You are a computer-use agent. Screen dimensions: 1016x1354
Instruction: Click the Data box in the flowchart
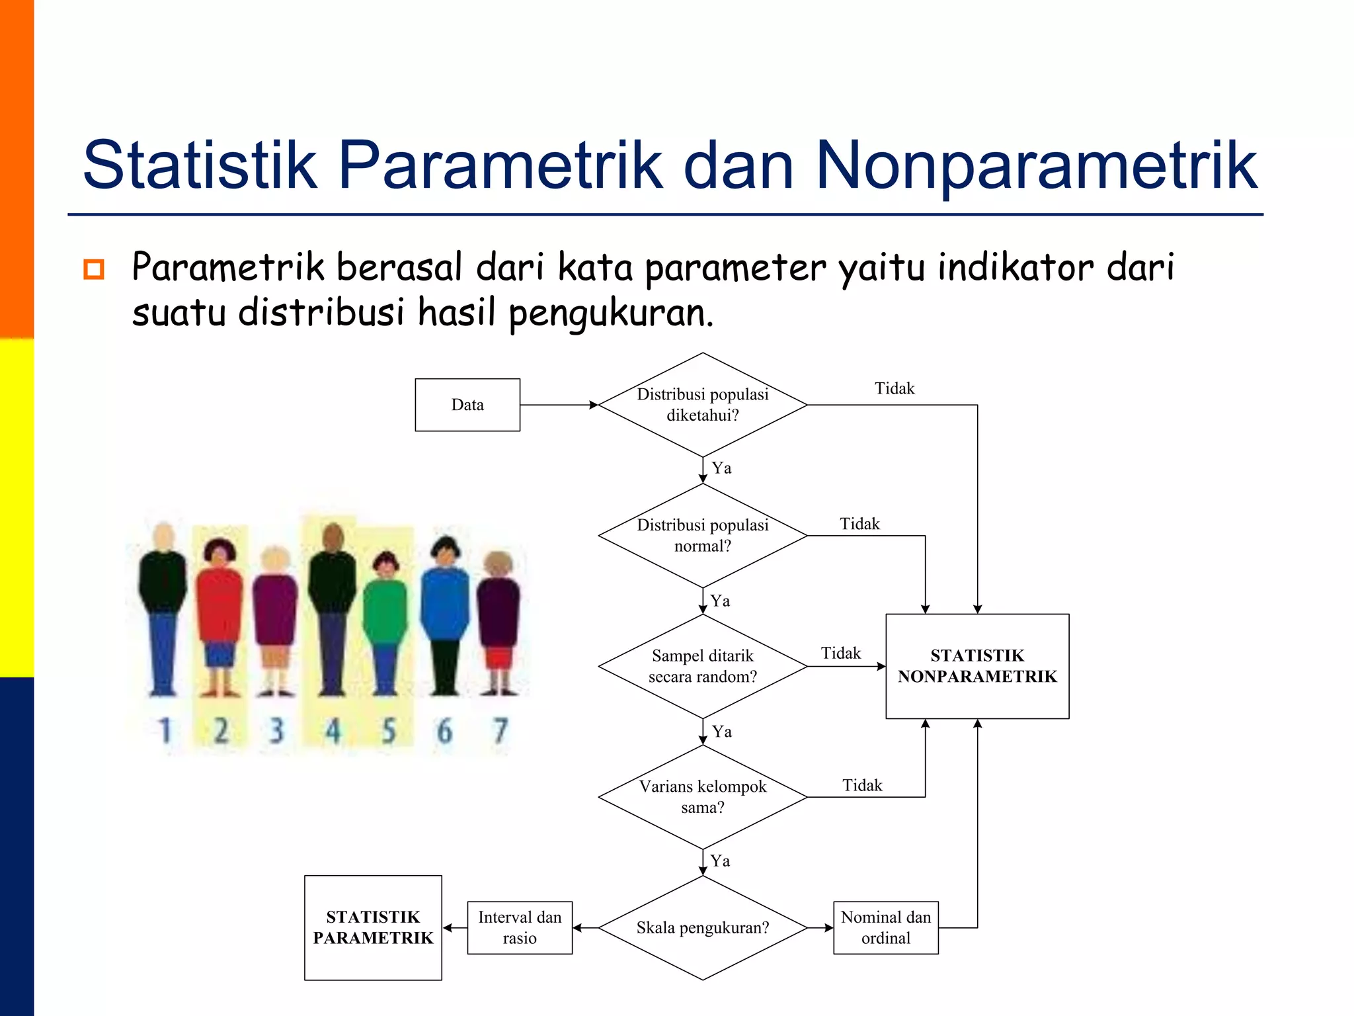click(x=467, y=405)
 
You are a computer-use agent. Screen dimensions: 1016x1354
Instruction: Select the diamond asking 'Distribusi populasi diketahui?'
click(x=703, y=405)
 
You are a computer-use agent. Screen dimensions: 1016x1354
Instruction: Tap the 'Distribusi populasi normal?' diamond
click(x=703, y=535)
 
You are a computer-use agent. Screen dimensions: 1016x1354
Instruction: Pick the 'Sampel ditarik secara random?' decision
click(x=703, y=666)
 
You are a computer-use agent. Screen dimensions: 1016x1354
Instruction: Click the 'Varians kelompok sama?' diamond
click(x=703, y=796)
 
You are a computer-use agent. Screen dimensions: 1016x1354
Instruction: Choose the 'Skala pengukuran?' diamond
click(x=703, y=927)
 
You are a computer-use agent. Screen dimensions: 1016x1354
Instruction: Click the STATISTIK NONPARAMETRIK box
click(x=977, y=666)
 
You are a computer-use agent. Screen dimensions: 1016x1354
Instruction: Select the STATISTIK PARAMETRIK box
click(x=373, y=927)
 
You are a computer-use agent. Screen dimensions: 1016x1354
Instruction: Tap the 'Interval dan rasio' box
click(x=520, y=927)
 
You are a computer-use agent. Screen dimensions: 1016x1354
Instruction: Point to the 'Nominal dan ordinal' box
click(x=885, y=927)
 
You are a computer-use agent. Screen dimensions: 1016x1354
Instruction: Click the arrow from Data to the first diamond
click(x=559, y=405)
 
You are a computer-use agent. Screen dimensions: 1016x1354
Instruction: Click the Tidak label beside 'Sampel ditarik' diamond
click(x=840, y=654)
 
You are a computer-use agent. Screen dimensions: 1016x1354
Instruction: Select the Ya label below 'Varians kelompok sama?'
click(x=720, y=861)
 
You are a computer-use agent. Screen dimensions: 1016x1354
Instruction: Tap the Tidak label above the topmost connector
click(x=895, y=388)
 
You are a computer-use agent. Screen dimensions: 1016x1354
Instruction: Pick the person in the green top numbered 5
click(x=385, y=622)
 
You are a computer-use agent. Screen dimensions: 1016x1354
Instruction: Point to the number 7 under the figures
click(x=500, y=731)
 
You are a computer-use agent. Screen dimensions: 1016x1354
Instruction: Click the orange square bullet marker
click(x=94, y=269)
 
